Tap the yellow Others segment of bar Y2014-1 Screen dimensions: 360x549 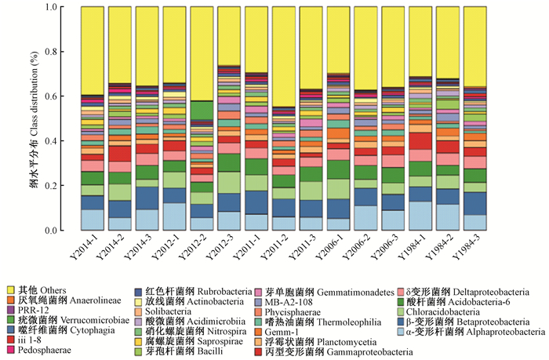[93, 50]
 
